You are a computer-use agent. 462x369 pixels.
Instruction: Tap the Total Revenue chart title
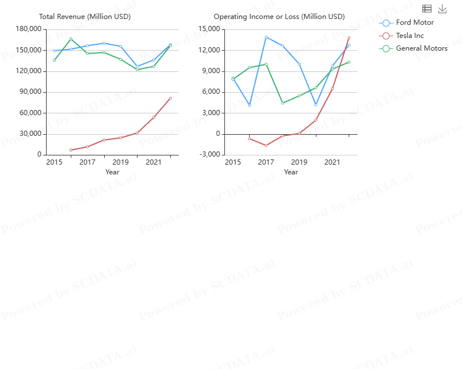85,17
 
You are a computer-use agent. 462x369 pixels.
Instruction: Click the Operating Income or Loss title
279,17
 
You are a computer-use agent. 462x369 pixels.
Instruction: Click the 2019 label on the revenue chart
120,162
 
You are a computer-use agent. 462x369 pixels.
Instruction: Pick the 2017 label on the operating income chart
266,162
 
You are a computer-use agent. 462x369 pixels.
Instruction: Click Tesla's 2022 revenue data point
170,98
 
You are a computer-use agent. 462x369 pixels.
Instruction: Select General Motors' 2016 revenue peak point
71,39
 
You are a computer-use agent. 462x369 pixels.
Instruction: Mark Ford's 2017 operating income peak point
266,37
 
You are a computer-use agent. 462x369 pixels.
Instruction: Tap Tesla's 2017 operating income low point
266,145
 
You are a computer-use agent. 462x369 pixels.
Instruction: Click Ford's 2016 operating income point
249,105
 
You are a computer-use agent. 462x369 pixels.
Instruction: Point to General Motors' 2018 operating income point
282,103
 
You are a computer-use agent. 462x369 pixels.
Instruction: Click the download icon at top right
442,9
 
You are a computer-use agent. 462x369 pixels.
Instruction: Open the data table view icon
427,9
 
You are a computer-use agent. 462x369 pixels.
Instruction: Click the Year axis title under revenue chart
112,172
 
